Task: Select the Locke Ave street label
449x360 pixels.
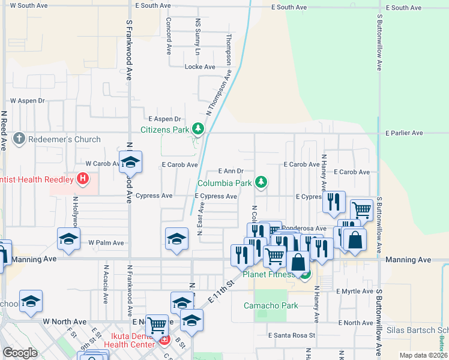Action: [x=199, y=67]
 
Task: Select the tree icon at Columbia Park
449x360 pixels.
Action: [x=261, y=182]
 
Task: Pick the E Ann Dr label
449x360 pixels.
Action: [x=231, y=171]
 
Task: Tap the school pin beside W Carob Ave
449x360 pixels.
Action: [x=130, y=163]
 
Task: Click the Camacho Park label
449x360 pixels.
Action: [x=271, y=305]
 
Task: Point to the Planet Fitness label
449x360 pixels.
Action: [x=270, y=275]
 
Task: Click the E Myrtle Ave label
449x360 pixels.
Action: [x=355, y=291]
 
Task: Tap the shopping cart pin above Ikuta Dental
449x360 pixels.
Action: [x=157, y=325]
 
